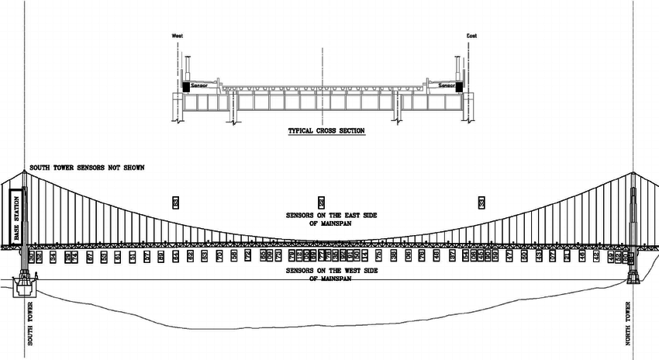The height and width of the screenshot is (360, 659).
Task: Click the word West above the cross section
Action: click(x=178, y=36)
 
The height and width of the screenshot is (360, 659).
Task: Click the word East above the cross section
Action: click(x=471, y=36)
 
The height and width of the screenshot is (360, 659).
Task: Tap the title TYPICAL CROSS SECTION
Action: click(x=326, y=131)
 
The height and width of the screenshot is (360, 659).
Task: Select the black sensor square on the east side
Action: click(x=459, y=86)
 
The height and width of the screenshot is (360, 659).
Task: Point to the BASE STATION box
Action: click(x=14, y=219)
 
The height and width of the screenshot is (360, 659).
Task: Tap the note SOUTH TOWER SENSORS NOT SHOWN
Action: click(x=86, y=168)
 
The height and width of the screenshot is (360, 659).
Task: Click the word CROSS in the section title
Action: click(x=326, y=131)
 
